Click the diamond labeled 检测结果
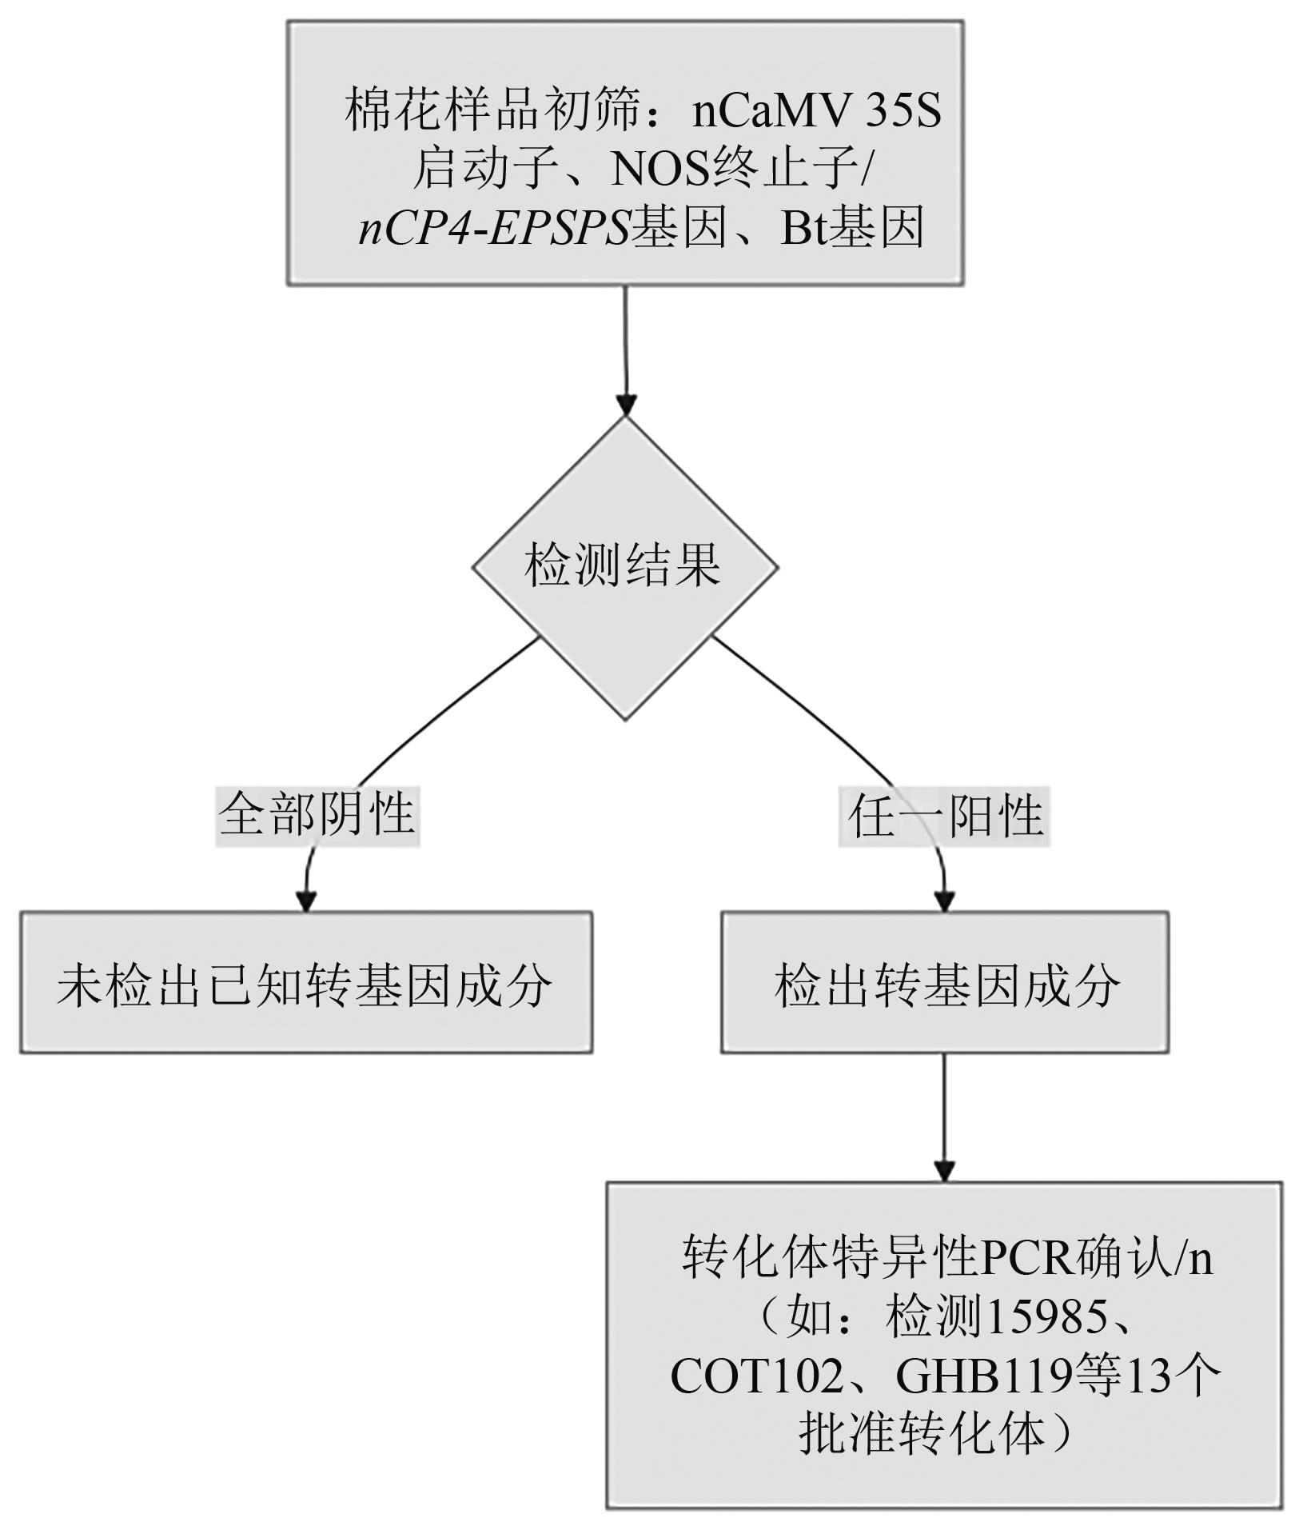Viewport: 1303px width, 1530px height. coord(624,567)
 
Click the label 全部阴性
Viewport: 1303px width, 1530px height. coord(317,816)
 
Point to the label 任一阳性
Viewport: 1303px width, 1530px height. coord(944,817)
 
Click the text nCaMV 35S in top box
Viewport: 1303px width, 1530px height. coord(816,110)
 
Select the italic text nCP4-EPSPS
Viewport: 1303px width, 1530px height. coord(494,228)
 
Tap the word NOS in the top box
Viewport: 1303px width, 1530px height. coord(660,169)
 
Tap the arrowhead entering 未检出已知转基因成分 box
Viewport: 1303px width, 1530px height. coord(305,901)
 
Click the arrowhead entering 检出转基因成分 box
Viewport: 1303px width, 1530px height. coord(944,901)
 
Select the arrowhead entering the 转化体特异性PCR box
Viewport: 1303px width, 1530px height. coord(944,1172)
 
